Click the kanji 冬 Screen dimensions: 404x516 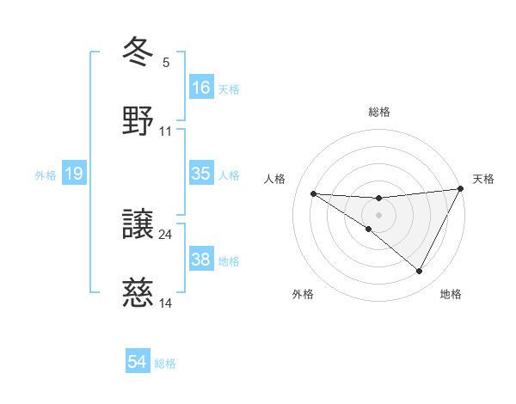138,51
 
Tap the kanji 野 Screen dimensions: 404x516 138,120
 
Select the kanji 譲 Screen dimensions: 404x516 138,224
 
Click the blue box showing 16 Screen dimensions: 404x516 201,88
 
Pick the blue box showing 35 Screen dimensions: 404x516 201,174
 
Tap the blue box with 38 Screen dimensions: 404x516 201,260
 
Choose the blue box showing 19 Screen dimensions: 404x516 74,174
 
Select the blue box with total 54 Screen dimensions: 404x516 138,362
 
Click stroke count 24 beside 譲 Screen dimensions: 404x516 166,234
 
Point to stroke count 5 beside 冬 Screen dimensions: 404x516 166,62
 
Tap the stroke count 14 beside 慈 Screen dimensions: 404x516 166,303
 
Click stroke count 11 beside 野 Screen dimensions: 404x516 166,132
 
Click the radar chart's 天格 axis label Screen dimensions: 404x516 483,179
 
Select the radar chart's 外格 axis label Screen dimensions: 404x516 303,294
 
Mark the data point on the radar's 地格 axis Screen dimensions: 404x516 420,272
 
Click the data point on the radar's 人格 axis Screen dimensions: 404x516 314,193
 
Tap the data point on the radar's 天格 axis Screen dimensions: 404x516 462,188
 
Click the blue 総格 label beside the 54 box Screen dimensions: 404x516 165,364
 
